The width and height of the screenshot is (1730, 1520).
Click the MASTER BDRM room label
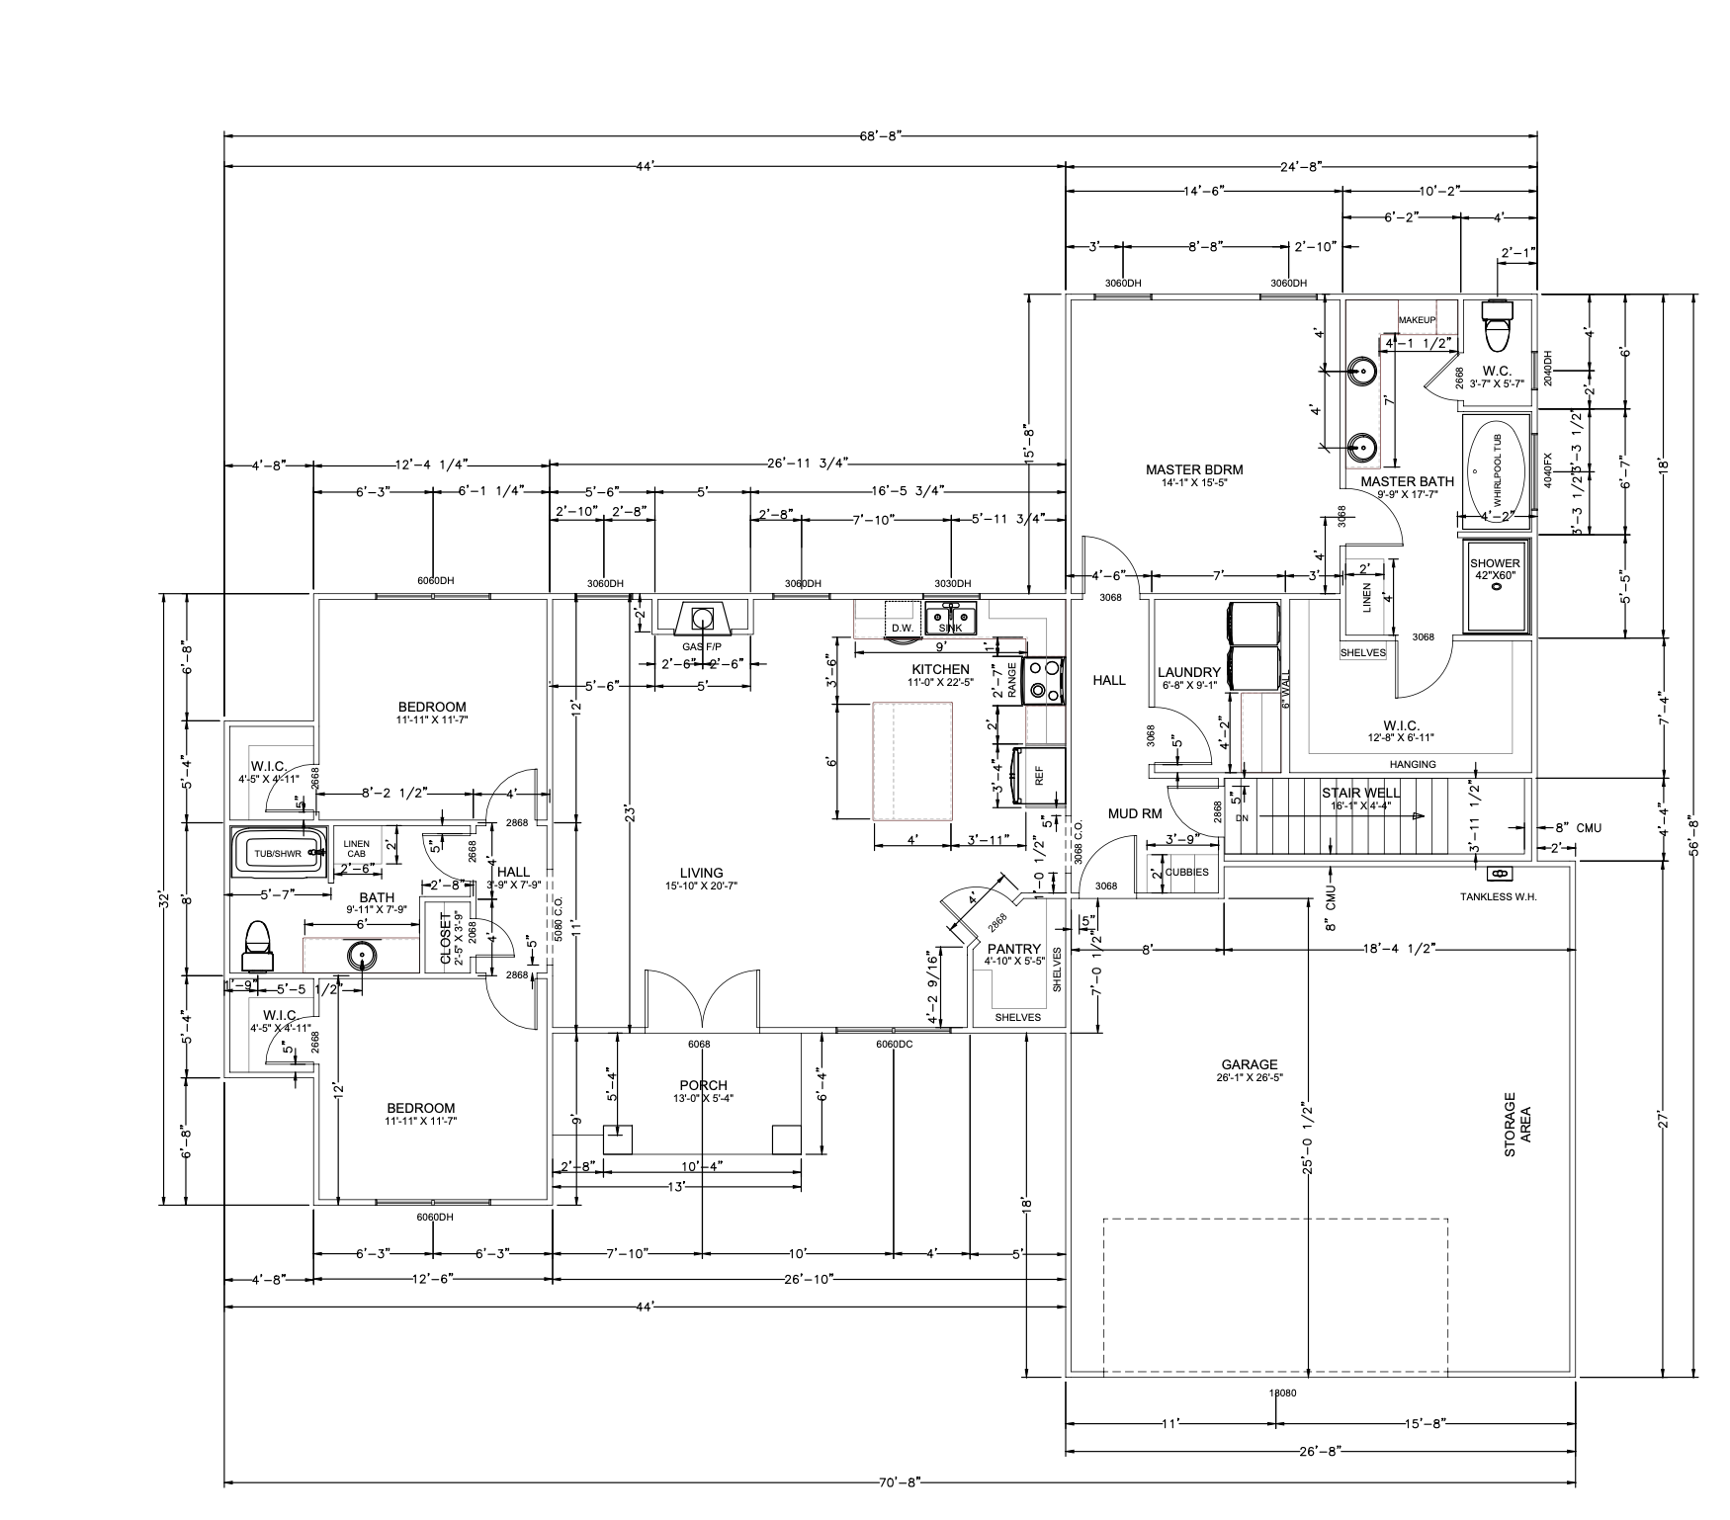(x=1193, y=470)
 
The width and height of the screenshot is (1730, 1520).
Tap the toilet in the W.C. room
(x=1499, y=325)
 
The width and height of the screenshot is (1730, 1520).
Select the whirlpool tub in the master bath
(x=1497, y=469)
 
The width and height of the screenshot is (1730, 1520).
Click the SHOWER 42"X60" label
(x=1494, y=568)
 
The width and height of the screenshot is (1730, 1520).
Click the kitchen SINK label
(x=950, y=629)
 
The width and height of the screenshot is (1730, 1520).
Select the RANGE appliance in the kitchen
(x=1044, y=681)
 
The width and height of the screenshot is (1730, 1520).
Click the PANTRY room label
(x=1014, y=949)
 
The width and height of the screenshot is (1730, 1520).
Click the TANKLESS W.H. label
(x=1498, y=896)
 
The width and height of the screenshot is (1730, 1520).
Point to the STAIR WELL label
(x=1360, y=793)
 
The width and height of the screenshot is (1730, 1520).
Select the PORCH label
(x=703, y=1085)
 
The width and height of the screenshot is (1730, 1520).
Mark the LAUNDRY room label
(x=1189, y=673)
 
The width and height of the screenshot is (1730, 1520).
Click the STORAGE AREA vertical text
(x=1516, y=1117)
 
